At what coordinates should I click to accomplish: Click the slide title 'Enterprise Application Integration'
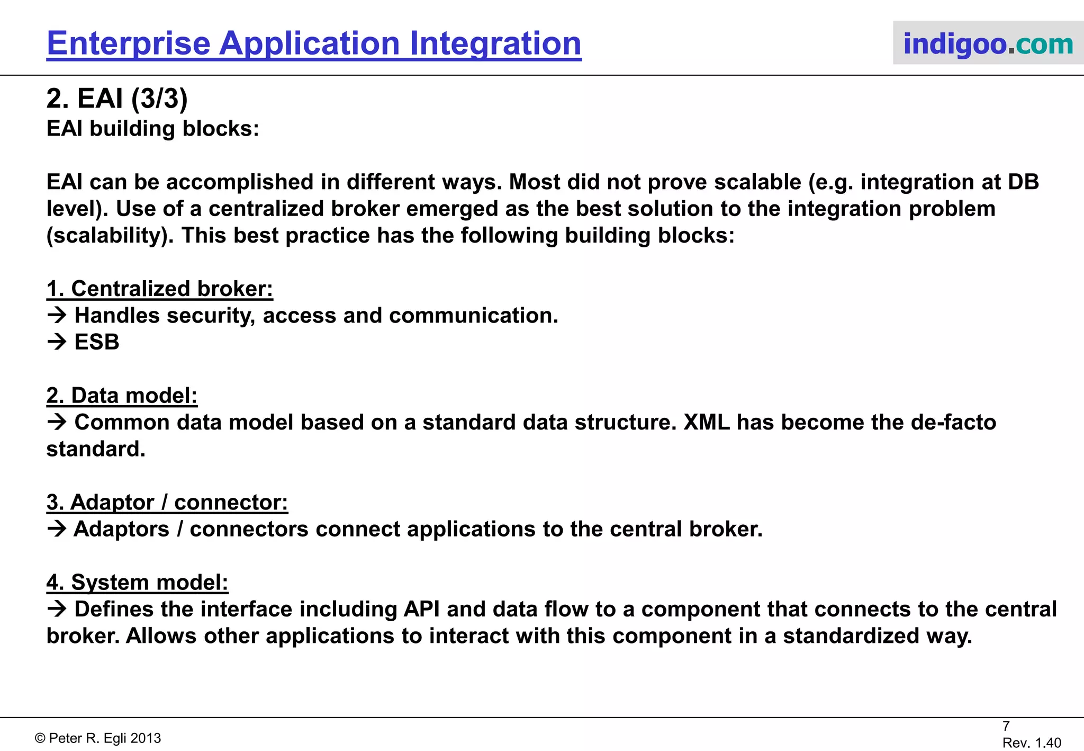314,43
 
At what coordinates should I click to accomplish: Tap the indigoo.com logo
988,43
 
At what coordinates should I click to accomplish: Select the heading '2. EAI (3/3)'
117,99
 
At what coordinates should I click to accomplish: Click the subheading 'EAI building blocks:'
153,129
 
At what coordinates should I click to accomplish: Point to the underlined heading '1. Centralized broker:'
159,289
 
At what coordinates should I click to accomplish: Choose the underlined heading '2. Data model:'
122,396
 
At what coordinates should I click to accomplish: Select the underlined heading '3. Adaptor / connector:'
167,503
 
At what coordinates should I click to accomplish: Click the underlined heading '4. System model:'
137,583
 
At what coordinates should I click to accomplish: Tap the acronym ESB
97,342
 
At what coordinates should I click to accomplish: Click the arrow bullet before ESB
57,342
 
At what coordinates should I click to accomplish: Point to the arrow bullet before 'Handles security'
57,316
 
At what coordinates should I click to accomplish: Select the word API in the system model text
421,610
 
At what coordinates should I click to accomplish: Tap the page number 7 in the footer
1006,726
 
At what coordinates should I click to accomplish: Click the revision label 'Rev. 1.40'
1032,743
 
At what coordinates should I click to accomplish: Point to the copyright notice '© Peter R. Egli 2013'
98,738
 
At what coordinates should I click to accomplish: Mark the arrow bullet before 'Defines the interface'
57,610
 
